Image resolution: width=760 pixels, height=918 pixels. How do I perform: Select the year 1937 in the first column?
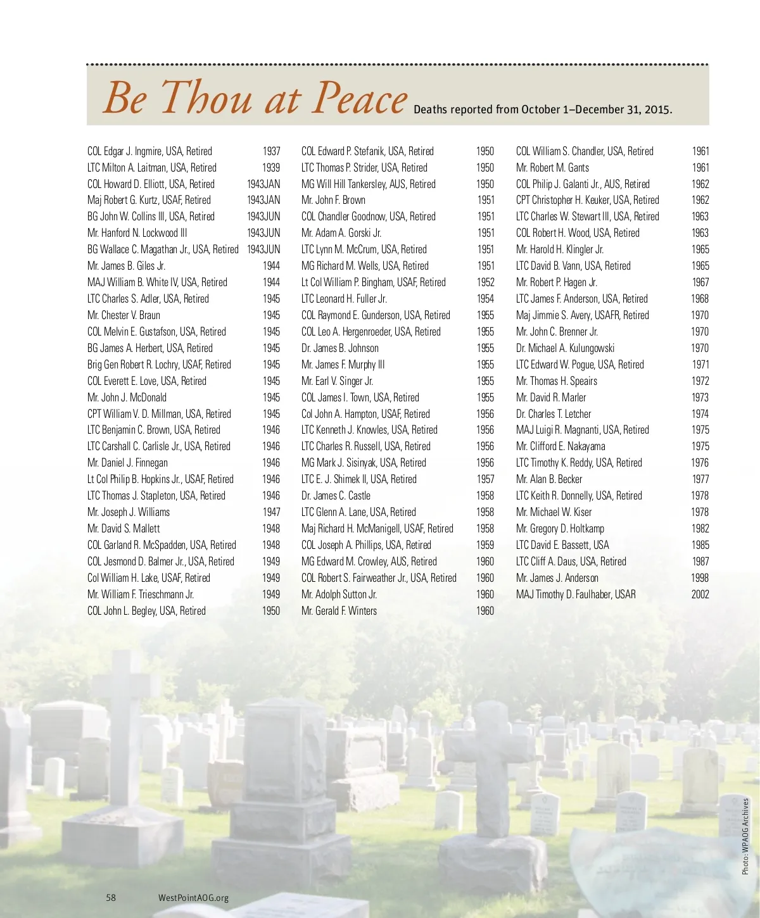click(271, 151)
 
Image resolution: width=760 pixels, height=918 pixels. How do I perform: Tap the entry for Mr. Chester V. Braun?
click(123, 315)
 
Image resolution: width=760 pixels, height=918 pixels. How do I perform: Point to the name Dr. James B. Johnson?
click(340, 348)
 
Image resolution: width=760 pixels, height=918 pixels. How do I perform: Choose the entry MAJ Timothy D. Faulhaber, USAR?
click(576, 594)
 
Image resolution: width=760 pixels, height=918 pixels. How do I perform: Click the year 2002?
click(700, 594)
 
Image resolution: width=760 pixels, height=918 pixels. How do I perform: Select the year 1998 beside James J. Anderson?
click(700, 578)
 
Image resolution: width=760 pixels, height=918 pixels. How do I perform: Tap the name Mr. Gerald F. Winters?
click(339, 611)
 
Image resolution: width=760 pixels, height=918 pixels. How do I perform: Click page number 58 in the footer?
click(111, 897)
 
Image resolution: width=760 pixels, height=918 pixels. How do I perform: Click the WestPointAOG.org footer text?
click(193, 898)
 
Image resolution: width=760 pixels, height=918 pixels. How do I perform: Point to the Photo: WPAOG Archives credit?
click(745, 836)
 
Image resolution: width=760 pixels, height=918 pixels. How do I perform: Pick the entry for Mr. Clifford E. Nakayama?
click(560, 446)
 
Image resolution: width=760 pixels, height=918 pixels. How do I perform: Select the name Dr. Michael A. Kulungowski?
click(565, 348)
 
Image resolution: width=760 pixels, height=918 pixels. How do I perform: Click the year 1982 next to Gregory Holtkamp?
click(700, 529)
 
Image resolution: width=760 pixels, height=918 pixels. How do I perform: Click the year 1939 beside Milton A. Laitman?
click(271, 168)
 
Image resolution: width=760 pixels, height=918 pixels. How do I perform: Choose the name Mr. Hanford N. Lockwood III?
click(137, 233)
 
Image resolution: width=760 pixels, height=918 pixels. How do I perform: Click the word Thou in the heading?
click(206, 99)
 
